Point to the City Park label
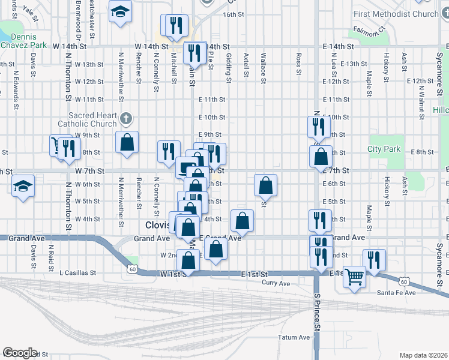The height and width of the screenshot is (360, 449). [x=384, y=149]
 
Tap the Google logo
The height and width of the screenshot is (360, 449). [x=20, y=353]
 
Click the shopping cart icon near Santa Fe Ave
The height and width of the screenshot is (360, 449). [x=355, y=277]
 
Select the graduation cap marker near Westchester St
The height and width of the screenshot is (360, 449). [x=121, y=11]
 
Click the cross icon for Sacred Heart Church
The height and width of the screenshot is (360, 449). [x=125, y=116]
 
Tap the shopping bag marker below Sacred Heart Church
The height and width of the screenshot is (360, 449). [x=127, y=143]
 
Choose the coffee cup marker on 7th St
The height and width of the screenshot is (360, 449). [x=186, y=166]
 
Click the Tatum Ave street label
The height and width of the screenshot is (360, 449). [x=294, y=337]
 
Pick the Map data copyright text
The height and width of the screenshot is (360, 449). [x=424, y=355]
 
